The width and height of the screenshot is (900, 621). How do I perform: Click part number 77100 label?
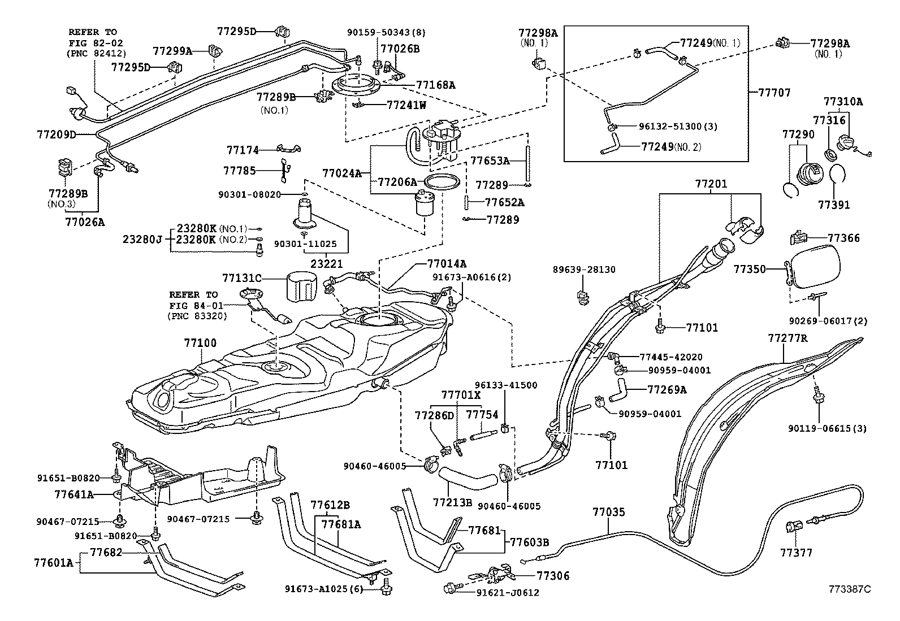pyautogui.click(x=200, y=343)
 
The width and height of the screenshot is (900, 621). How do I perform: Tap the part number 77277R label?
pyautogui.click(x=787, y=338)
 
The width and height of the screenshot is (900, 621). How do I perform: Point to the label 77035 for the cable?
pyautogui.click(x=609, y=513)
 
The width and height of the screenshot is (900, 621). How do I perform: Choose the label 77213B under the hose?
pyautogui.click(x=452, y=502)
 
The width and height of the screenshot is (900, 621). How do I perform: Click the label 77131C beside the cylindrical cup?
pyautogui.click(x=242, y=278)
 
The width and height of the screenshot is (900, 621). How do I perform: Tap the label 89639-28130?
pyautogui.click(x=584, y=270)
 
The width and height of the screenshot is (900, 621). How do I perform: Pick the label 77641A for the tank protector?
pyautogui.click(x=73, y=494)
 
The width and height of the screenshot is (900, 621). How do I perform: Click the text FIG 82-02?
pyautogui.click(x=95, y=42)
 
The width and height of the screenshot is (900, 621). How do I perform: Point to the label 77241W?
pyautogui.click(x=406, y=105)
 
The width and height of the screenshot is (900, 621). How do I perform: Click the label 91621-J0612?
pyautogui.click(x=507, y=593)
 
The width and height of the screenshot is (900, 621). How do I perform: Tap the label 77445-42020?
pyautogui.click(x=671, y=357)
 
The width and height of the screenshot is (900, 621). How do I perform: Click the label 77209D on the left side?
pyautogui.click(x=57, y=134)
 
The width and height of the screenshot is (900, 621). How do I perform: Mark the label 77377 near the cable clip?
pyautogui.click(x=797, y=552)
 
